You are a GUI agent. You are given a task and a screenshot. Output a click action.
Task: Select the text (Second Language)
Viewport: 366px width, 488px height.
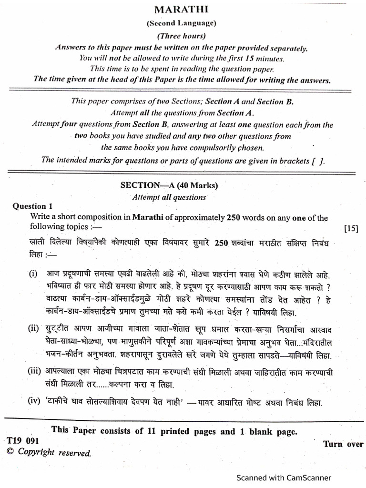click(x=181, y=23)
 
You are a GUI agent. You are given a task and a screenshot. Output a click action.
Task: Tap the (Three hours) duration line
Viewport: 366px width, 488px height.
click(x=181, y=36)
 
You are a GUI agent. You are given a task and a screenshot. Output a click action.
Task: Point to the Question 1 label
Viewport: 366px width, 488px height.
click(x=32, y=206)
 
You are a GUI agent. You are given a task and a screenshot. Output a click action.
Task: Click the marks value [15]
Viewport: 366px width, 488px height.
click(x=351, y=228)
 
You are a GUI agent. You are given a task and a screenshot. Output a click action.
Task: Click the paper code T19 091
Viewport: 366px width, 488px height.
click(x=22, y=441)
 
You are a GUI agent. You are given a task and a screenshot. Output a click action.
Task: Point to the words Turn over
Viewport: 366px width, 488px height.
click(x=343, y=444)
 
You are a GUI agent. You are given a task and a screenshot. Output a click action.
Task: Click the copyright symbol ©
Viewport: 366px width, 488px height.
click(x=10, y=452)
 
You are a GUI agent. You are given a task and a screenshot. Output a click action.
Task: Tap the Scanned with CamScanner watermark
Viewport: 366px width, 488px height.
click(x=284, y=477)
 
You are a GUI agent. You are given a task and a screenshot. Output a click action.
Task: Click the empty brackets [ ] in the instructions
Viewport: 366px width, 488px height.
click(x=317, y=161)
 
